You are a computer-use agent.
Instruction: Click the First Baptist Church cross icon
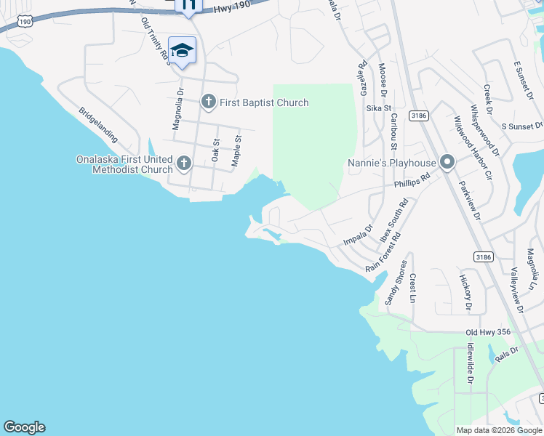pyautogui.click(x=209, y=102)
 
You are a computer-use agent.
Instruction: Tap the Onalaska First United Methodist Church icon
pyautogui.click(x=183, y=163)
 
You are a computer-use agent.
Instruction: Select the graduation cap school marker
pyautogui.click(x=183, y=50)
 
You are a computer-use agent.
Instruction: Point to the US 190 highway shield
pyautogui.click(x=25, y=23)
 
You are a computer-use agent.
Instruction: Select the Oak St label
pyautogui.click(x=215, y=150)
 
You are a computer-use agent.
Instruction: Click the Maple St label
pyautogui.click(x=236, y=150)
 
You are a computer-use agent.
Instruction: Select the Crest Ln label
pyautogui.click(x=412, y=288)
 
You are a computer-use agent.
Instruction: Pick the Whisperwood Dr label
pyautogui.click(x=485, y=129)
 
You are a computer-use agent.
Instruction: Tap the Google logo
pyautogui.click(x=24, y=427)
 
